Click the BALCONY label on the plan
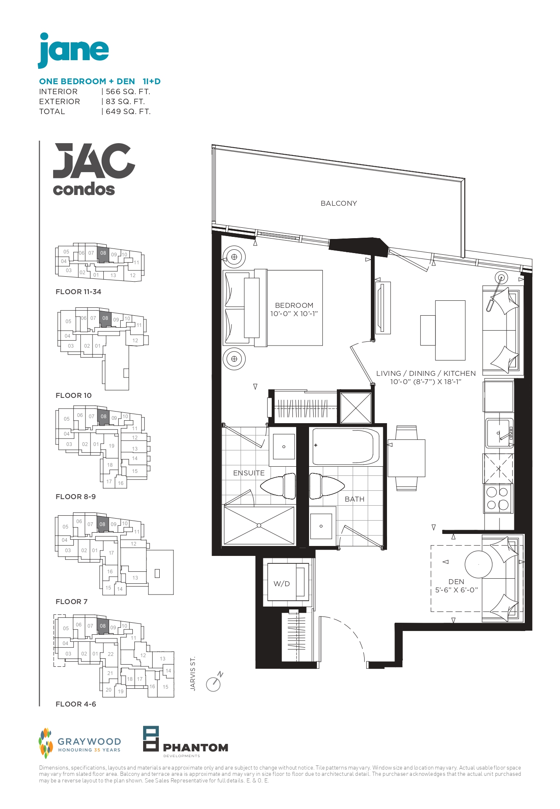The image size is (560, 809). [x=338, y=203]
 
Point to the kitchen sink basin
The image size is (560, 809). [x=499, y=433]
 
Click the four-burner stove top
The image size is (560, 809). [x=498, y=498]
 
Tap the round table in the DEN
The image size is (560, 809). [x=478, y=564]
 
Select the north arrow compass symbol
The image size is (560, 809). [x=214, y=682]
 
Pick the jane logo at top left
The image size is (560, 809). [x=73, y=50]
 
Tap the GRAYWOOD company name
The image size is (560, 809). [x=89, y=741]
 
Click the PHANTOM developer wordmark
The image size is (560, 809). [x=195, y=748]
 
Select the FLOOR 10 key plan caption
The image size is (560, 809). [x=73, y=395]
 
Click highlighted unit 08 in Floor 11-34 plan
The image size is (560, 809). [x=103, y=253]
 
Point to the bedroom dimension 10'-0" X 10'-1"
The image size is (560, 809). [x=294, y=314]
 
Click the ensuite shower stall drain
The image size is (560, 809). [x=259, y=525]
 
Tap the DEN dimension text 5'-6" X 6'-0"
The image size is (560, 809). [x=456, y=590]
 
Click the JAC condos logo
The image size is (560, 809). [x=94, y=170]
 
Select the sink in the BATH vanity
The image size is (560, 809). [x=321, y=526]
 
